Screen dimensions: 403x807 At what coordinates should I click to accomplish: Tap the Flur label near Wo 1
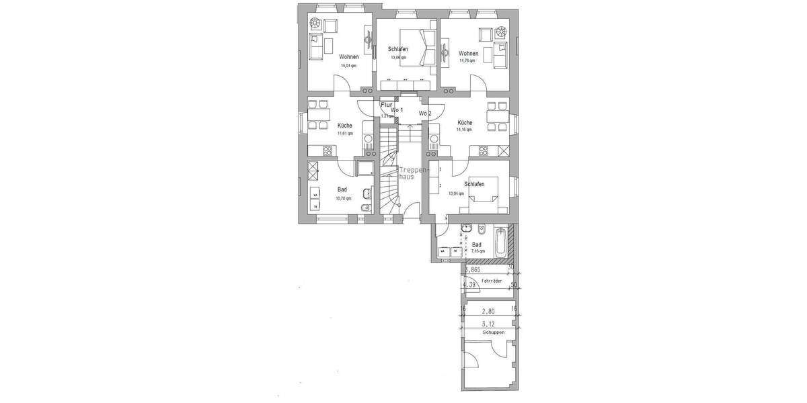coord(386,105)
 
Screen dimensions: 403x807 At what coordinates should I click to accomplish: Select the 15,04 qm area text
coord(349,66)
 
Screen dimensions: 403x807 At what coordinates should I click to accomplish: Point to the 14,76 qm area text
coord(468,61)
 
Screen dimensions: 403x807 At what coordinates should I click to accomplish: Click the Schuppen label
coord(493,332)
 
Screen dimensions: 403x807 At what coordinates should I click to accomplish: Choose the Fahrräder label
coord(492,281)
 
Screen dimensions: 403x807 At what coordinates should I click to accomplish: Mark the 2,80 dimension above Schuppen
coord(488,312)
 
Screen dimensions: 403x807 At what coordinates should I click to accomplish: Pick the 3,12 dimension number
coord(488,323)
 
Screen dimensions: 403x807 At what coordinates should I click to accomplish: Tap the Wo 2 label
coord(425,114)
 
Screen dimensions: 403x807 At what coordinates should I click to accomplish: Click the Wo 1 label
coord(397,109)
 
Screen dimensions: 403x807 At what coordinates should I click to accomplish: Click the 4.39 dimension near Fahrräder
coord(471,285)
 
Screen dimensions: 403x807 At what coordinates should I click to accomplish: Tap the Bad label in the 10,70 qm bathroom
coord(342,190)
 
